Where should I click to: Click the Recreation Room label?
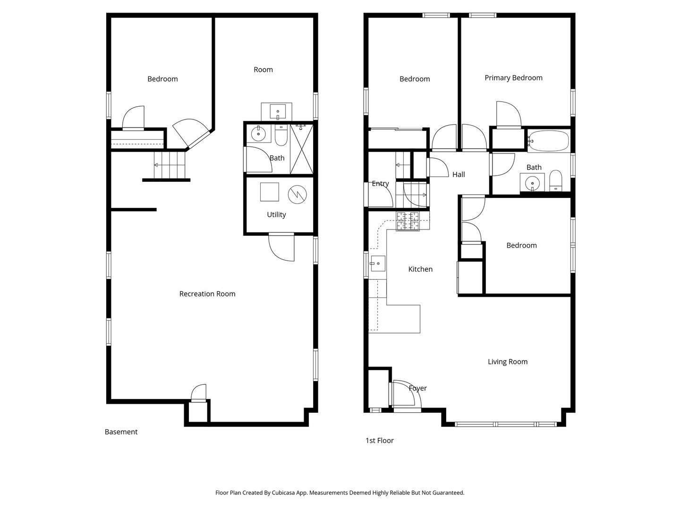(x=207, y=294)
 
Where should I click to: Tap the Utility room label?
(x=276, y=214)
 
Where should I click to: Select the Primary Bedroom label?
(x=513, y=78)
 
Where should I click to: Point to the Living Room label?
(x=508, y=362)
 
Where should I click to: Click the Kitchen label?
(x=420, y=269)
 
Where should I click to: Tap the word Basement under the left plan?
(x=121, y=432)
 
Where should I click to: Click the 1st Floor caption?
(x=379, y=441)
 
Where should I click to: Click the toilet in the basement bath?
(x=281, y=136)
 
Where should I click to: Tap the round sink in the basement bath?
(x=258, y=134)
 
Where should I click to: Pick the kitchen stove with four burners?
(x=408, y=221)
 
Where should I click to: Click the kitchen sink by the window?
(x=378, y=263)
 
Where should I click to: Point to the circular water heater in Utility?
(x=297, y=194)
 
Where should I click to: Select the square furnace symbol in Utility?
(x=270, y=192)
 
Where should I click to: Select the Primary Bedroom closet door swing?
(x=508, y=114)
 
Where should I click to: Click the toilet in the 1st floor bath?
(x=556, y=181)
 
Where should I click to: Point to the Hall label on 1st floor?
(x=459, y=175)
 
